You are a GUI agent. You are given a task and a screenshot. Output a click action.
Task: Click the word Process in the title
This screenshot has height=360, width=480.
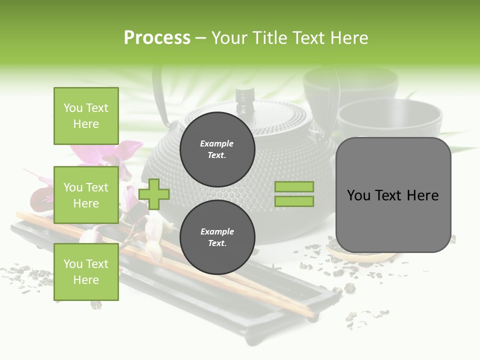click(157, 38)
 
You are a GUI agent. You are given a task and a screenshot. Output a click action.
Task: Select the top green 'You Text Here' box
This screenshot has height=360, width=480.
click(86, 116)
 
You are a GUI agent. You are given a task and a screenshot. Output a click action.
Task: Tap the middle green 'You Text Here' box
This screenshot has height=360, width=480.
click(86, 195)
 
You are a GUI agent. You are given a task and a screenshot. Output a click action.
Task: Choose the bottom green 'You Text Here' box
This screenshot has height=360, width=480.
click(86, 272)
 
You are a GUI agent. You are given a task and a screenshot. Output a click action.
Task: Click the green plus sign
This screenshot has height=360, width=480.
click(154, 194)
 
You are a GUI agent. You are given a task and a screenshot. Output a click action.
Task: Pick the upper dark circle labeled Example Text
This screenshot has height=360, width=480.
click(217, 149)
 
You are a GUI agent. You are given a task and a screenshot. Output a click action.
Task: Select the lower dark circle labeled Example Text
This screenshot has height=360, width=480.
click(217, 237)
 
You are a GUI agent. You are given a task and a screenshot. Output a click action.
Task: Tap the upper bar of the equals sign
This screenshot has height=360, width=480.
click(294, 187)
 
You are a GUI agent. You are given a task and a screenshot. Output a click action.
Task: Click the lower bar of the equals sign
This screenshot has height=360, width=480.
click(294, 201)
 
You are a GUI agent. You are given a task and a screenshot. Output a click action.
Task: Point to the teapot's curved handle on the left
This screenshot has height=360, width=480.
click(159, 100)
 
